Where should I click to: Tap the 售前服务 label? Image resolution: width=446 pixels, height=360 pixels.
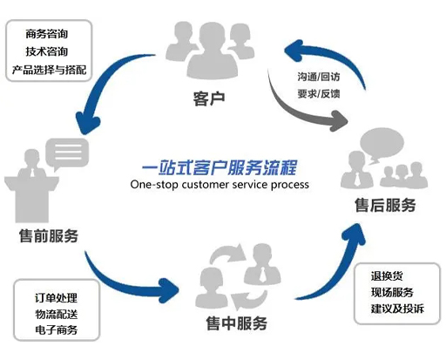(x=49, y=236)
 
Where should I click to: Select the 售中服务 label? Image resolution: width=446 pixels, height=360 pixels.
(x=236, y=324)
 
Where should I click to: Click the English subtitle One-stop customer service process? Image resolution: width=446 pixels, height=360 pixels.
(x=219, y=185)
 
